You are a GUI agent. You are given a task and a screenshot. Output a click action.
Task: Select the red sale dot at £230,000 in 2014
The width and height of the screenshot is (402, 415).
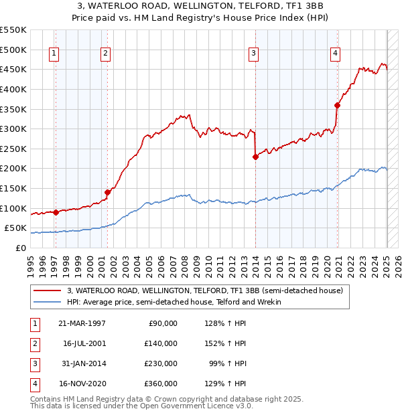point(255,157)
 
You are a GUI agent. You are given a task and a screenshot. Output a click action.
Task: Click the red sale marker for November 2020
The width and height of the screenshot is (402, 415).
point(337,105)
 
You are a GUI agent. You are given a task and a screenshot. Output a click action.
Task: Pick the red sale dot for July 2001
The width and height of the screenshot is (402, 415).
point(107,192)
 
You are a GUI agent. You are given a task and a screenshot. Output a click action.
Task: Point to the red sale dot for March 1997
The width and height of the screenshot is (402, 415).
point(56,212)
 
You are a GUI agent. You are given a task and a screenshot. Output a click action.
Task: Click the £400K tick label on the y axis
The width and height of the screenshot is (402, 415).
point(13,89)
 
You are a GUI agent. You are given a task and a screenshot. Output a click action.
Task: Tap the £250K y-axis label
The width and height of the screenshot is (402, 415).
point(13,149)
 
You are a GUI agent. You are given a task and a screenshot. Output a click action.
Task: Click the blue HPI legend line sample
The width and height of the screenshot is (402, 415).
point(48,302)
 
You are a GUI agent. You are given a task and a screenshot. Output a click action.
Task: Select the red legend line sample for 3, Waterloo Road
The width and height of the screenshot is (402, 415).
point(48,290)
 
